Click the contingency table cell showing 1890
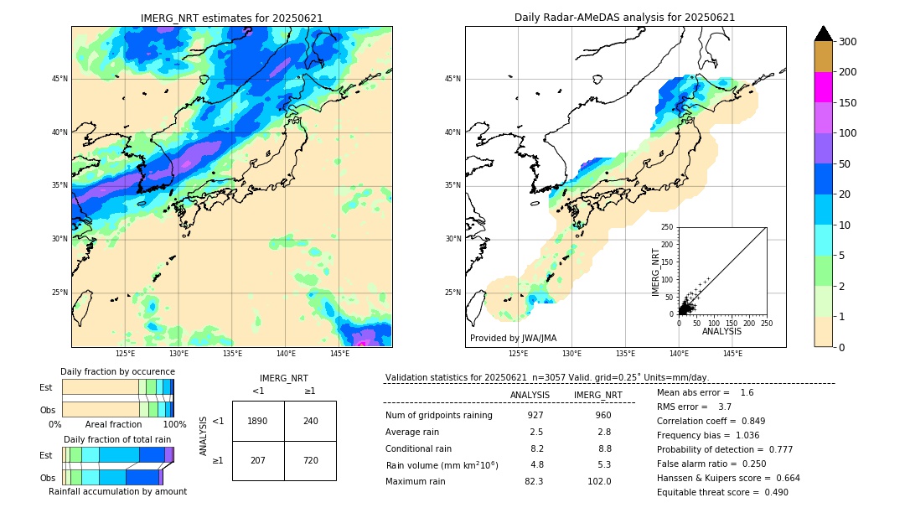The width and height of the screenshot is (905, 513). tap(258, 421)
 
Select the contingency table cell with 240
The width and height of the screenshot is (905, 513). tap(310, 421)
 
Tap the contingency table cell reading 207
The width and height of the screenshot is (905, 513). tap(258, 460)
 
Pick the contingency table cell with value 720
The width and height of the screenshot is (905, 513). tap(310, 460)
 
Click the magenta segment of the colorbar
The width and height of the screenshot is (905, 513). tap(823, 87)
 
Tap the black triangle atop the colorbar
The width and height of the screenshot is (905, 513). tap(823, 34)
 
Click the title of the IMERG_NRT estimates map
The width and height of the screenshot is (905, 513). tap(231, 18)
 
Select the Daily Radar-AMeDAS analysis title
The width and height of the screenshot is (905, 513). tap(625, 18)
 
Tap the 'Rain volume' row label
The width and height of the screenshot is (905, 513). tap(442, 465)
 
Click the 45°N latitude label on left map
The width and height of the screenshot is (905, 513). tap(59, 79)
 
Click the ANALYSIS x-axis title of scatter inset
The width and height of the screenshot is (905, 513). tap(722, 332)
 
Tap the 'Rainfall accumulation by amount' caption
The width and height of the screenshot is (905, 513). tap(117, 492)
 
